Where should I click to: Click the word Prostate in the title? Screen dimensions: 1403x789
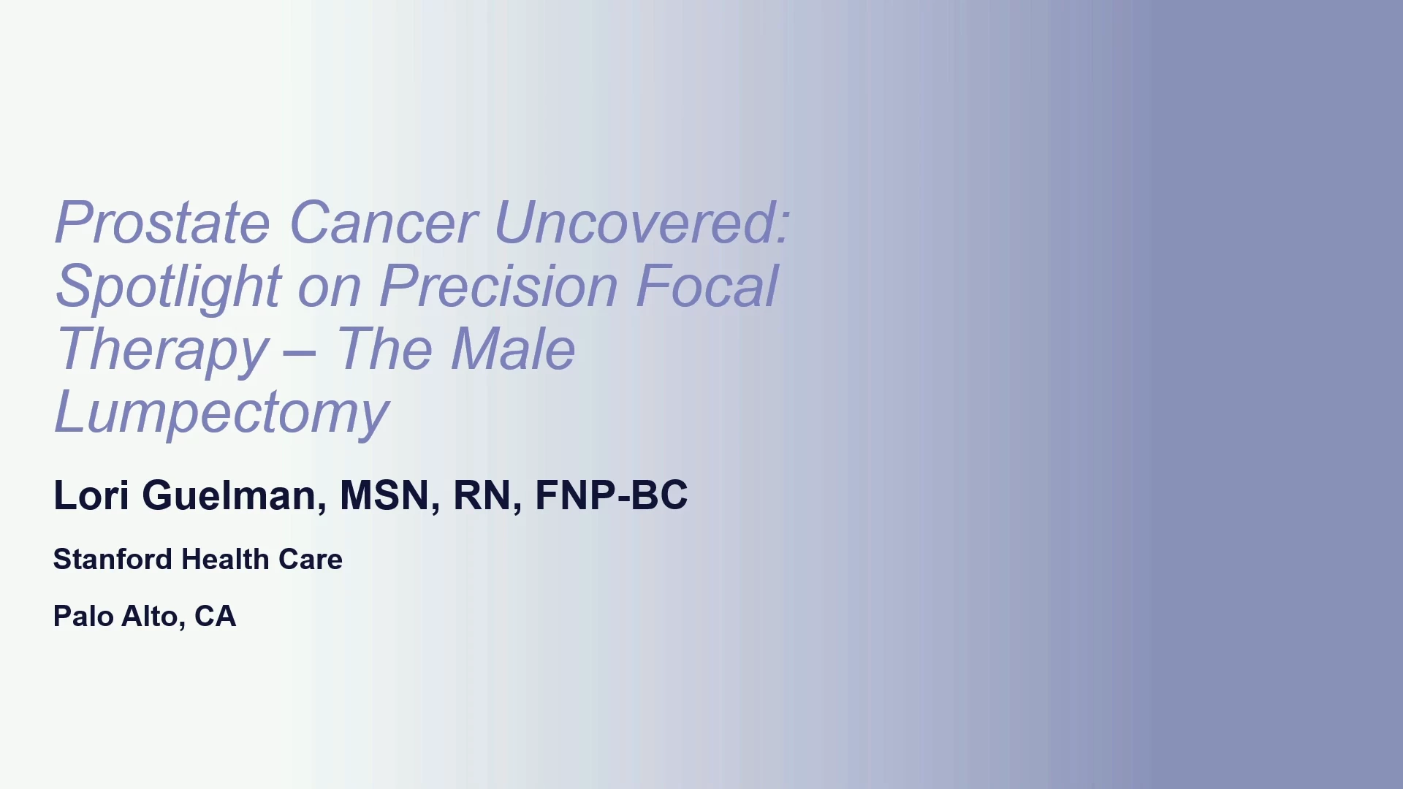[x=163, y=222]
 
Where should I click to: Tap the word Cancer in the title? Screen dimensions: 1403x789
[x=384, y=222]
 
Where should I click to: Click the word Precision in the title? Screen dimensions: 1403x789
[x=499, y=286]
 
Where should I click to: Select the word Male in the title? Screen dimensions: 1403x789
[x=513, y=348]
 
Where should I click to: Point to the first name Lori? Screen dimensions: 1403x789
[x=91, y=495]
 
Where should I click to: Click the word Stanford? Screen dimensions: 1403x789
[x=113, y=560]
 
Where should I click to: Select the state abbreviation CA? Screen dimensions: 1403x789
[x=215, y=617]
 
